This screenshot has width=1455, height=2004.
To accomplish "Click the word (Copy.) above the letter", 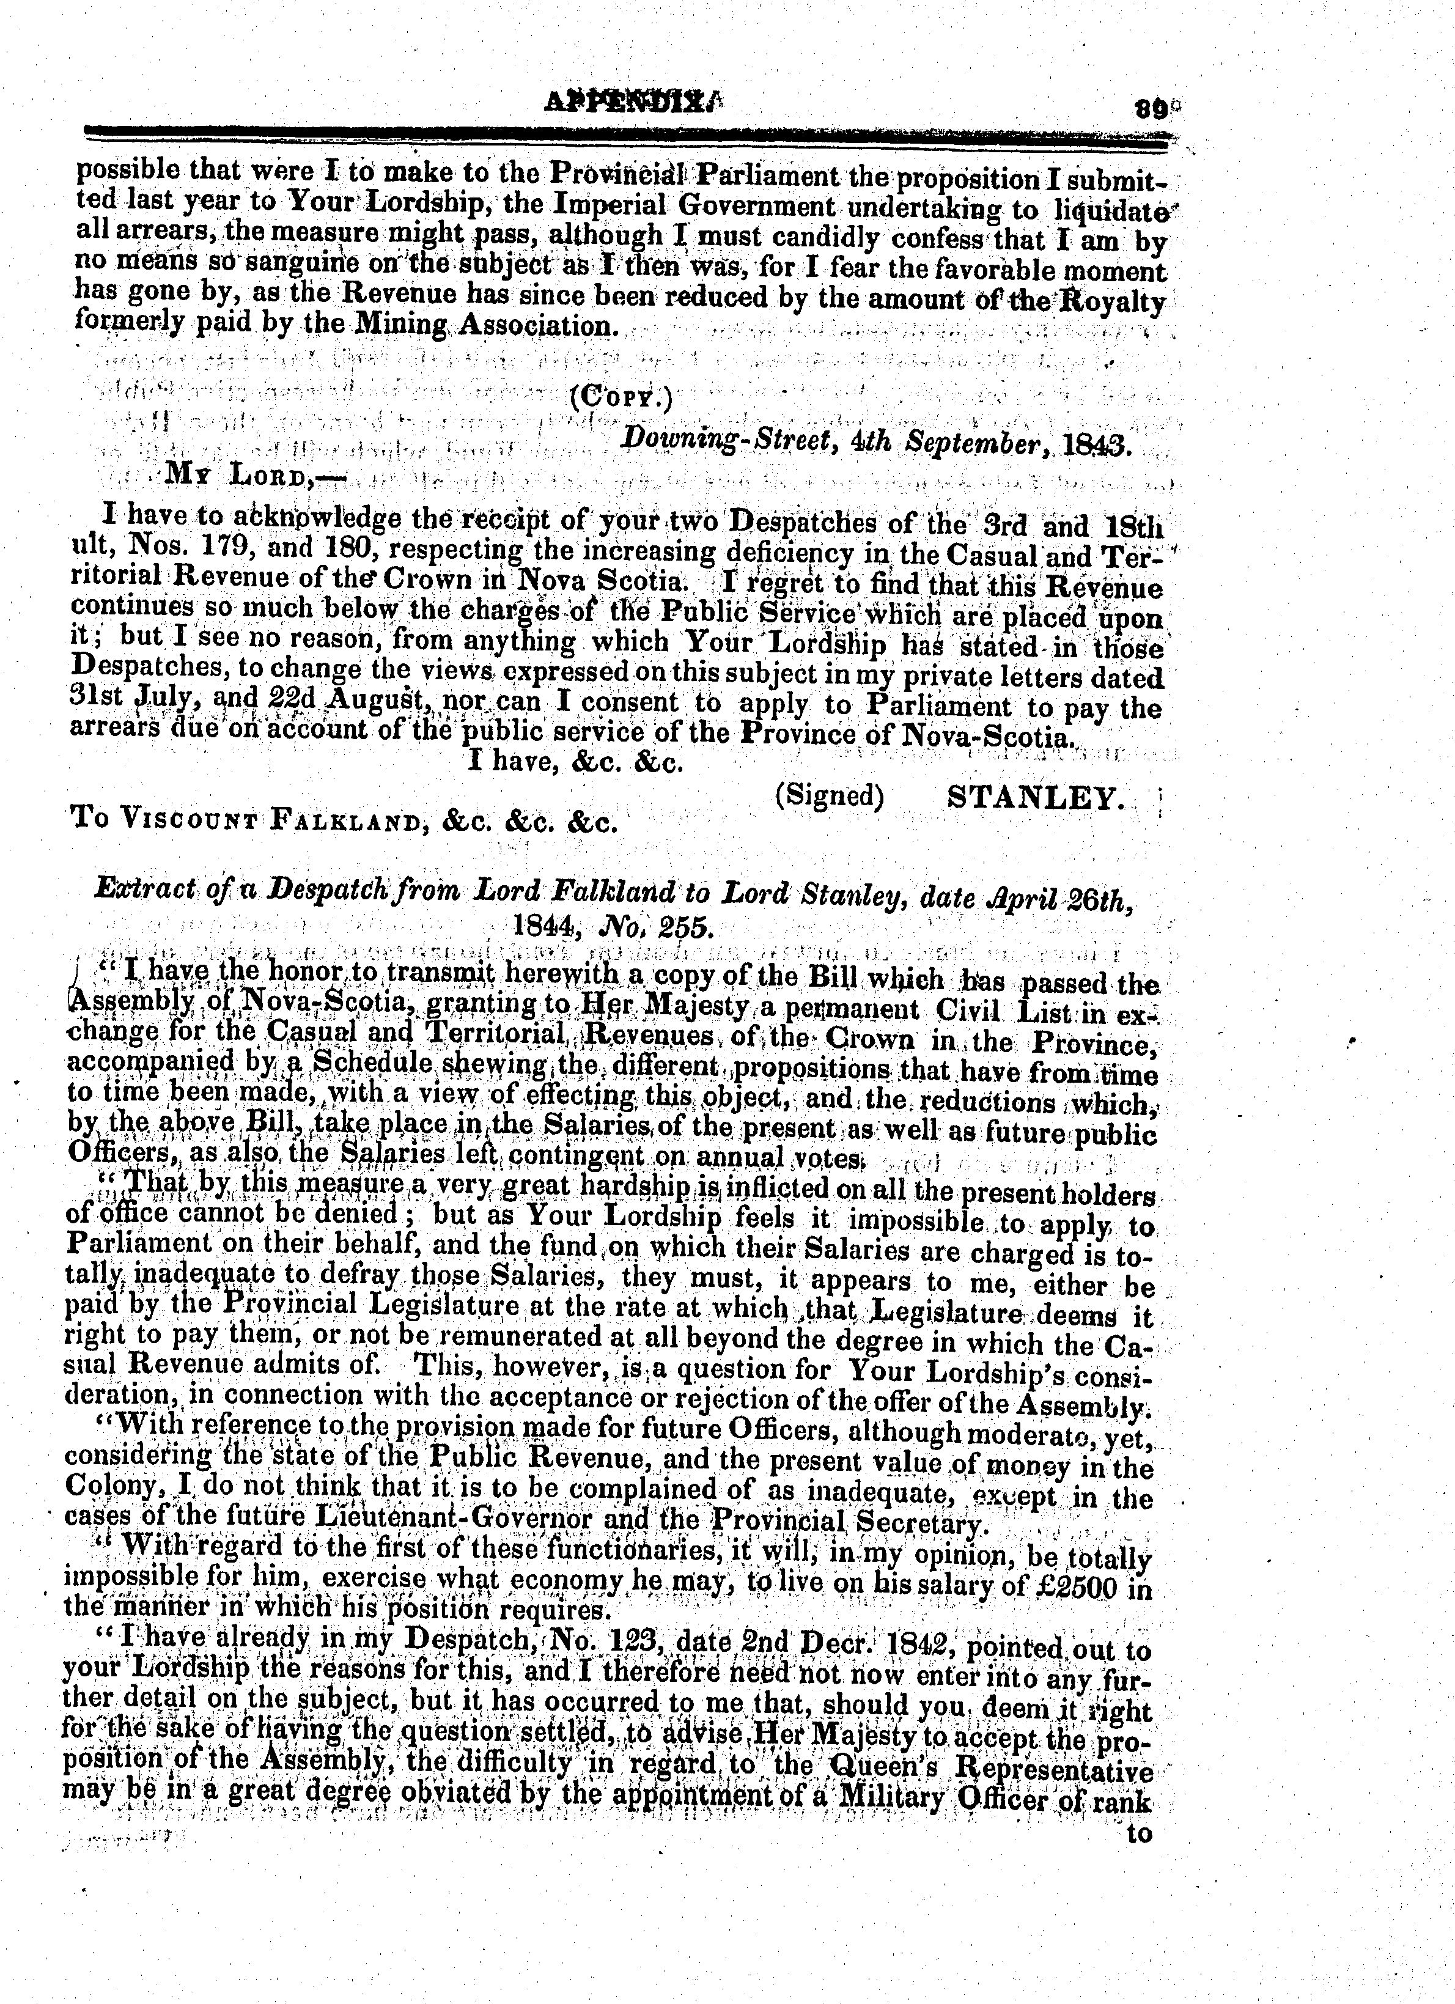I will coord(621,397).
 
